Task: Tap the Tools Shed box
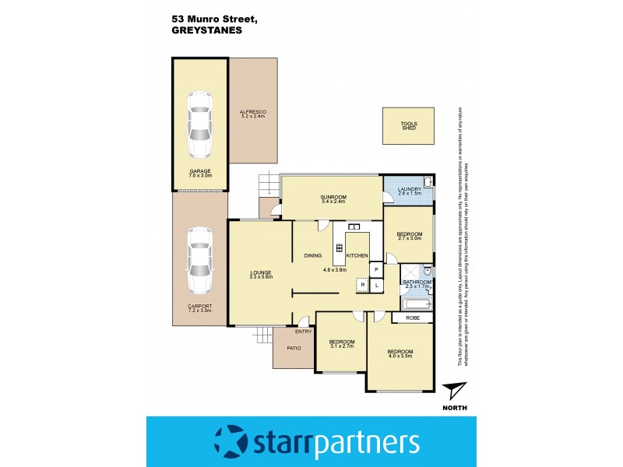pyautogui.click(x=409, y=125)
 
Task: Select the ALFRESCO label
pyautogui.click(x=252, y=113)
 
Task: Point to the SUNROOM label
pyautogui.click(x=333, y=198)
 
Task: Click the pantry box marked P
pyautogui.click(x=376, y=269)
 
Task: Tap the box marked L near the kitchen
pyautogui.click(x=376, y=286)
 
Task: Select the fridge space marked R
pyautogui.click(x=362, y=286)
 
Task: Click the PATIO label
pyautogui.click(x=294, y=349)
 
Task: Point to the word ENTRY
pyautogui.click(x=304, y=332)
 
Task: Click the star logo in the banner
pyautogui.click(x=231, y=443)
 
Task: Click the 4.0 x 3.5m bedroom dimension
pyautogui.click(x=400, y=356)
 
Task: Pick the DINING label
pyautogui.click(x=313, y=255)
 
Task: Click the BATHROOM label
pyautogui.click(x=417, y=281)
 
